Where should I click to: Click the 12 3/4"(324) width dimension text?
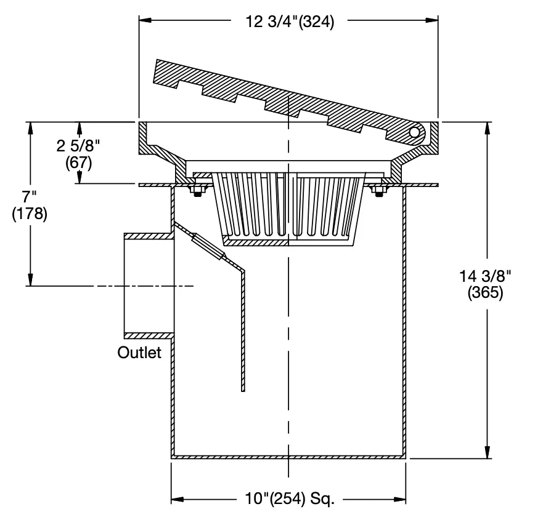tap(290, 22)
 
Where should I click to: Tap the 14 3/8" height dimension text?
tap(486, 276)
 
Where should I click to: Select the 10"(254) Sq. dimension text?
tap(290, 498)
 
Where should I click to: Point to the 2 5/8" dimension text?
tap(78, 146)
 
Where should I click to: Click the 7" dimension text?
tap(30, 196)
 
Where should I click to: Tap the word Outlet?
tap(139, 353)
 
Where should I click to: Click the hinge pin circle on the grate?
tap(414, 132)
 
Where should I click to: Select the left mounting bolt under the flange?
tap(197, 190)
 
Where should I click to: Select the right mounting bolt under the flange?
tap(378, 190)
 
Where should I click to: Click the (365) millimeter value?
tap(485, 293)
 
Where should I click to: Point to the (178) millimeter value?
tap(30, 214)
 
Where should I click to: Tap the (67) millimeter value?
tap(79, 163)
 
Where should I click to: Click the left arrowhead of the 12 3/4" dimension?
tap(145, 20)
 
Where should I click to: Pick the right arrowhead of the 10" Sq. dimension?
tap(399, 500)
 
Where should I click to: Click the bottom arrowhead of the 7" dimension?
tap(30, 279)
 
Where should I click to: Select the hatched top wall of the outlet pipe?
tap(149, 236)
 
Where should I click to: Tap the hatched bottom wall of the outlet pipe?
tap(149, 336)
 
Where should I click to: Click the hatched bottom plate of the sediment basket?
tap(256, 242)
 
